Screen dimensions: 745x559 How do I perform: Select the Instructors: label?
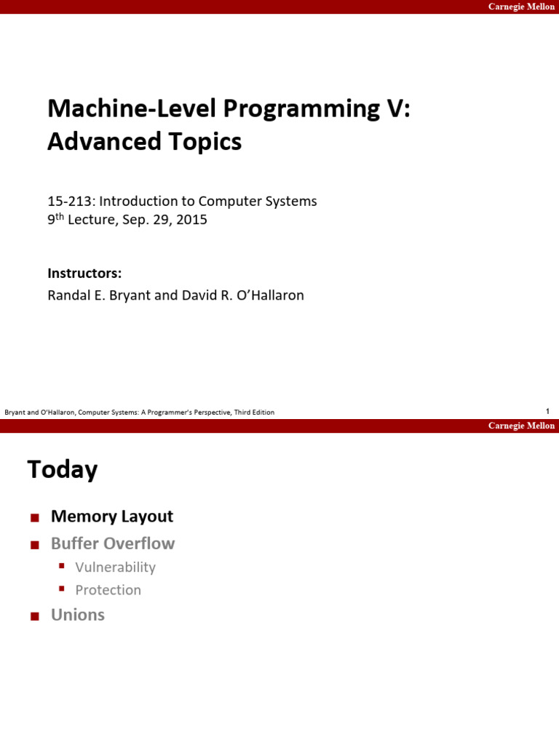[x=84, y=274]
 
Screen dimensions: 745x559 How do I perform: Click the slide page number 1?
[x=547, y=411]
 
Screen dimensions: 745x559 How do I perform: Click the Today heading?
[x=63, y=470]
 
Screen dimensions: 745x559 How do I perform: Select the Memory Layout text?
[x=112, y=517]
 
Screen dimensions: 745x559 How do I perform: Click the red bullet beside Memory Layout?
[x=33, y=518]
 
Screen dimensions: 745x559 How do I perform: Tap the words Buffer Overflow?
[x=113, y=543]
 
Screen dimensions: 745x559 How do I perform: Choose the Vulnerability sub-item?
[x=116, y=567]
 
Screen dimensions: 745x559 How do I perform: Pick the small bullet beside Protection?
[x=62, y=589]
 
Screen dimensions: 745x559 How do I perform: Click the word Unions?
[x=78, y=615]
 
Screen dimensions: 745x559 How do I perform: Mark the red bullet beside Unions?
[x=33, y=616]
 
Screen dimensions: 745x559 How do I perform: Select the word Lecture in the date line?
[x=85, y=220]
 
